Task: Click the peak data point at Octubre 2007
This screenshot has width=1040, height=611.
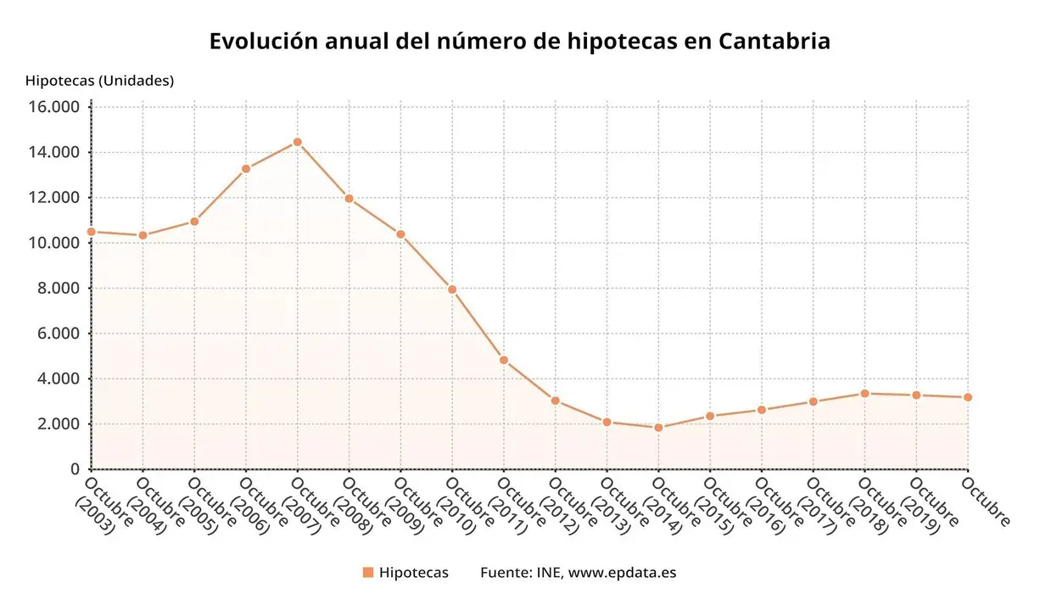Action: coord(297,142)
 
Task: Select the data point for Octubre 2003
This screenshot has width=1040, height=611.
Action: coord(92,232)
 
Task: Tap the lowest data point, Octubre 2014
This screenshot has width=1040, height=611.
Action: coord(658,428)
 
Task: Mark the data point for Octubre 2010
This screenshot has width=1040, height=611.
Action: coord(452,289)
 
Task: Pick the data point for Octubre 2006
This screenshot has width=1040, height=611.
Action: coord(246,169)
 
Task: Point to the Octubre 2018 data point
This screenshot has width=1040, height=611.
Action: coord(864,393)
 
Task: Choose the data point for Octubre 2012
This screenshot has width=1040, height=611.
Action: coord(555,401)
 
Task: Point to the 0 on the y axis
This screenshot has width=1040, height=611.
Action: coord(75,469)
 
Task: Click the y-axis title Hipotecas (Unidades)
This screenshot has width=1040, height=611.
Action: coord(99,81)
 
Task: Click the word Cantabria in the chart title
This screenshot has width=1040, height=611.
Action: coord(773,41)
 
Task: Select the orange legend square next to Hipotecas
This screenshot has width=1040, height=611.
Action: coord(367,573)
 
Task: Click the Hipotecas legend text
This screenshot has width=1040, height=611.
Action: coord(414,573)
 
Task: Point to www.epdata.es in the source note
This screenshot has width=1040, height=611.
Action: coord(622,573)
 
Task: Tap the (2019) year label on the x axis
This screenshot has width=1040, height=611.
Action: coord(918,517)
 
